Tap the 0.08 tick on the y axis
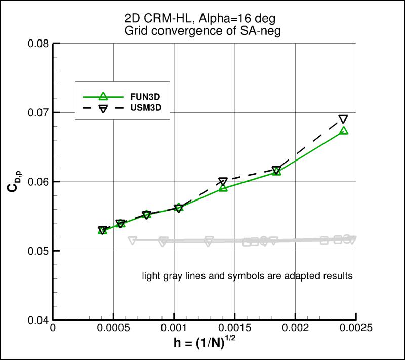coord(37,44)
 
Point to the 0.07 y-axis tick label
coord(37,112)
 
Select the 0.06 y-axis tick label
coord(37,182)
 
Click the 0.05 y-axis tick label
coord(37,251)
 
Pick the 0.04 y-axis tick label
coord(37,320)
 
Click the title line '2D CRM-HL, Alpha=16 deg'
coord(204,20)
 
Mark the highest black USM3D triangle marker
coord(343,119)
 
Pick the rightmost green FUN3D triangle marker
coord(344,130)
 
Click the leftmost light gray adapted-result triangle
coord(132,241)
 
